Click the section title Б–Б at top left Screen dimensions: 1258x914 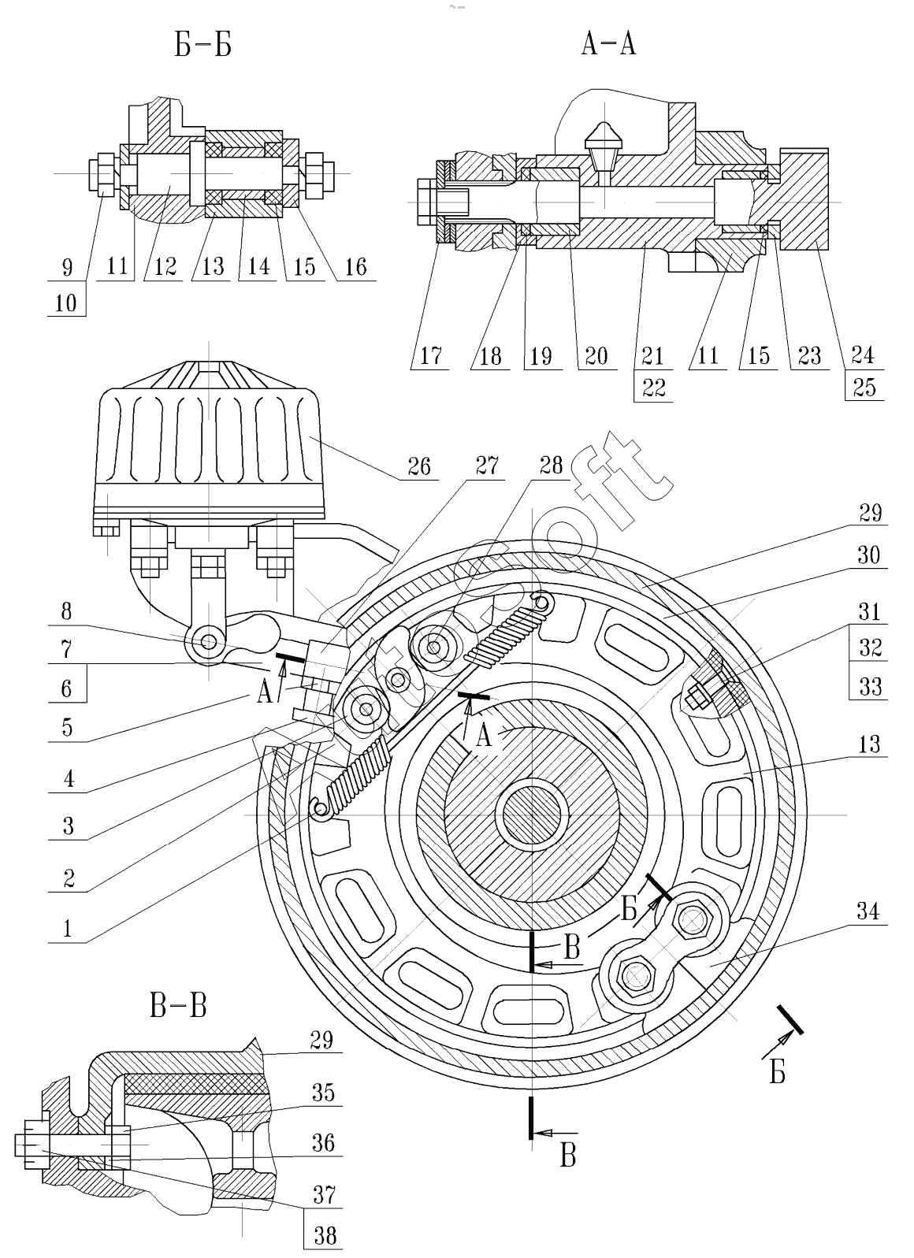coord(202,46)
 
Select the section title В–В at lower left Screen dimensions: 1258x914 coord(177,1005)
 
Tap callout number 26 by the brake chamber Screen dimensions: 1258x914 coord(418,467)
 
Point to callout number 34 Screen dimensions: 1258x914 coord(868,912)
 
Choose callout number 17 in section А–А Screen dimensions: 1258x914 coord(430,356)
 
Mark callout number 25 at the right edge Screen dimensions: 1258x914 coord(864,388)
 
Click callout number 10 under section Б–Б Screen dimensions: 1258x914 coord(66,303)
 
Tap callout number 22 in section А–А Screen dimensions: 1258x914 coord(653,388)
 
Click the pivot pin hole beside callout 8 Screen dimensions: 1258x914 coord(209,642)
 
